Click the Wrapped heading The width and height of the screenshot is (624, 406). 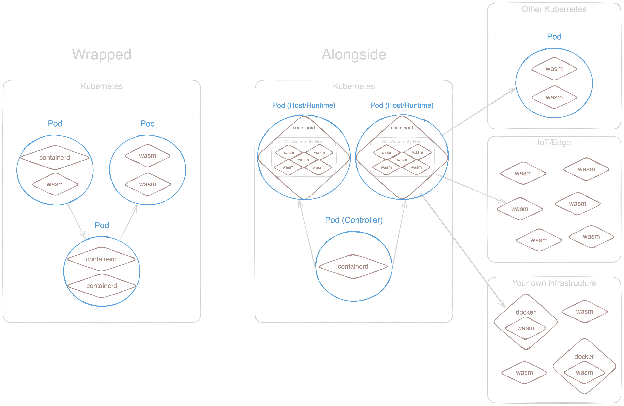point(101,54)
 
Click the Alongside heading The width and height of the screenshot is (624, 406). point(354,54)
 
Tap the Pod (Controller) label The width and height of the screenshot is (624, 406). point(354,220)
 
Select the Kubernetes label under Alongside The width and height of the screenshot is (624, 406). point(354,86)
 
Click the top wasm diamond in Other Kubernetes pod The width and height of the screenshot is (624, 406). point(554,69)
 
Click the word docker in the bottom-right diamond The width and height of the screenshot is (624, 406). point(584,357)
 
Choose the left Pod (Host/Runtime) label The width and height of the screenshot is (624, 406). point(304,105)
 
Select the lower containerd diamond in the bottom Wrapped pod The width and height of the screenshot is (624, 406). point(102,286)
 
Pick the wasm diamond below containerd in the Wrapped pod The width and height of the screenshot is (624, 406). point(55,184)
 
